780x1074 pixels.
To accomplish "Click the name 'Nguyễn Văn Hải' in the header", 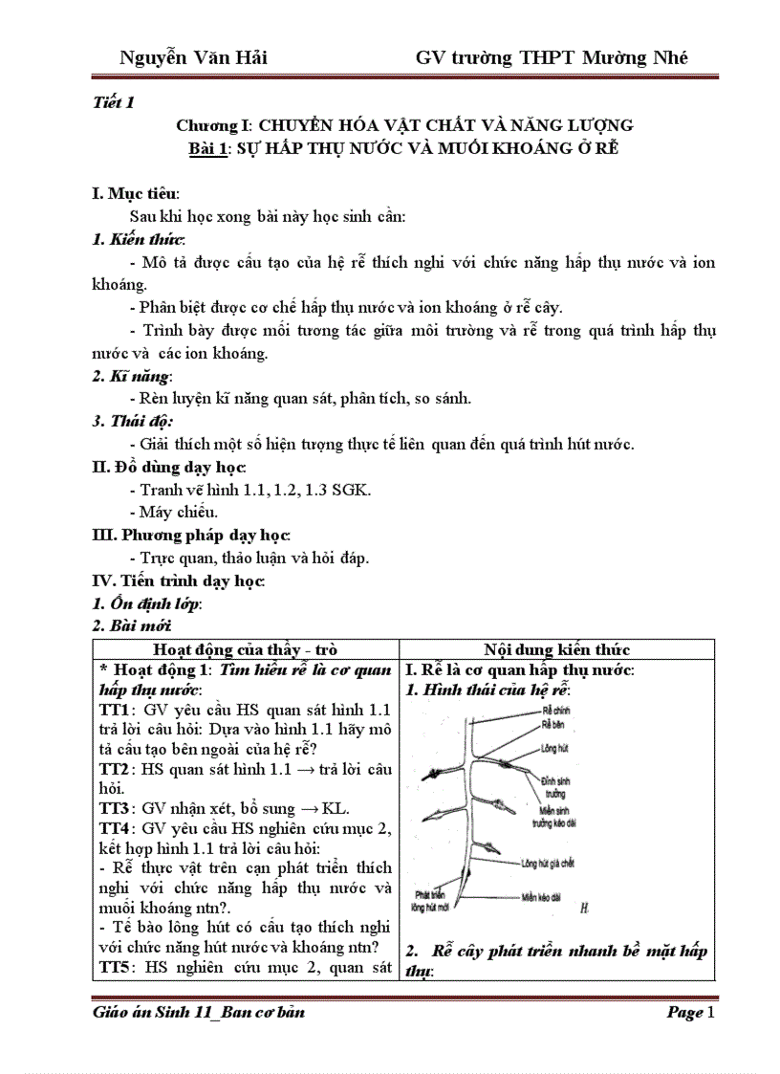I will point(194,57).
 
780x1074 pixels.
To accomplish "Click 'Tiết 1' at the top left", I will point(114,102).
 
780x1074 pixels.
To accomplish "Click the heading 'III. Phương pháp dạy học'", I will point(191,535).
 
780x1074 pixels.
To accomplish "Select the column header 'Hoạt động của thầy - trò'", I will point(246,649).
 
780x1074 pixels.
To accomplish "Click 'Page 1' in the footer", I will point(689,1013).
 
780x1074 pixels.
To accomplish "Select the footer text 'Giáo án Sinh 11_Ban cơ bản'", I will point(199,1013).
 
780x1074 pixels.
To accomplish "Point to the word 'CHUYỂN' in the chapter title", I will point(298,125).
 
